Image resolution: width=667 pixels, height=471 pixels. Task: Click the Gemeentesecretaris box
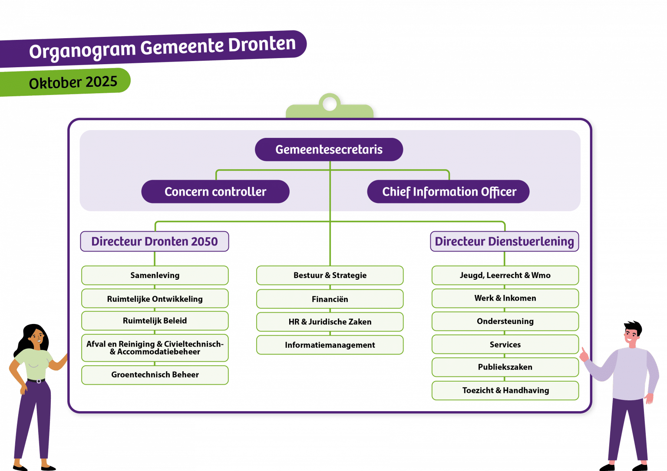tap(329, 150)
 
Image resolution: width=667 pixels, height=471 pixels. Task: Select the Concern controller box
tap(215, 192)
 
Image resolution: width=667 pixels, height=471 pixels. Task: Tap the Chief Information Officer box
tap(448, 192)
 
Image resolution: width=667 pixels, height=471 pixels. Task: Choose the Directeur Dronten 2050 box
tap(155, 242)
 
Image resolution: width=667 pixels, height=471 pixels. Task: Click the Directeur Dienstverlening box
tap(504, 242)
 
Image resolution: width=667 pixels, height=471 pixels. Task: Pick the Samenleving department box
tap(155, 275)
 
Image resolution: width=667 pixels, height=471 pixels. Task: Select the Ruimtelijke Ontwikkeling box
tap(155, 299)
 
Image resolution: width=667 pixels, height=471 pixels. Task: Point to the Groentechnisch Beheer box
tap(155, 375)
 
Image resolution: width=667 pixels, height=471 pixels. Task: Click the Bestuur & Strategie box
tap(330, 275)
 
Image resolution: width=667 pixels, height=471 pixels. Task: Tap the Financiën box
tap(330, 299)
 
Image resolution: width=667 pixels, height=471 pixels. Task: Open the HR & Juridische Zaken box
tap(330, 322)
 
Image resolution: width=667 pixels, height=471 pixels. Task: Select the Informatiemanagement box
tap(330, 345)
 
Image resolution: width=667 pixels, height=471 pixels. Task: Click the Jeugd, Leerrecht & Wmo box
tap(505, 275)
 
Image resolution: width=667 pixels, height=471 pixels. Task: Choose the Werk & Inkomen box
tap(505, 298)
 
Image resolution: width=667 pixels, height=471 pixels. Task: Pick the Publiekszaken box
tap(505, 367)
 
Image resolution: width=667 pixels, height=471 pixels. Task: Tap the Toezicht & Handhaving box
tap(505, 390)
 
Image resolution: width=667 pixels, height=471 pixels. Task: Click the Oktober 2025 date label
tap(73, 82)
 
